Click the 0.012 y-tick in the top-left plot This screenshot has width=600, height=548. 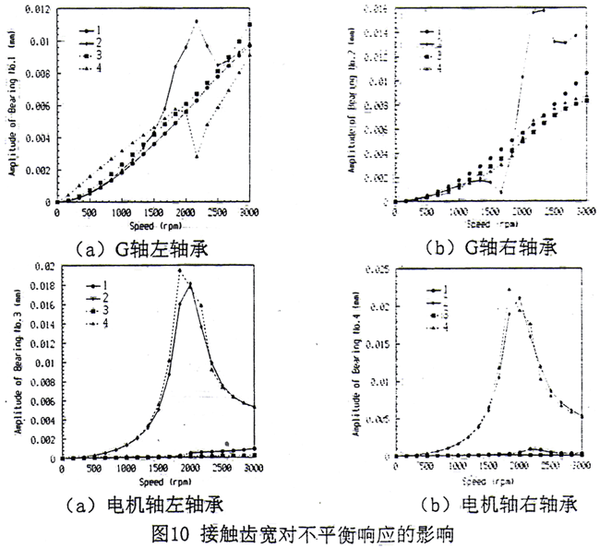click(x=37, y=9)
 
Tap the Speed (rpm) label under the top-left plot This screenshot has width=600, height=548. click(x=153, y=224)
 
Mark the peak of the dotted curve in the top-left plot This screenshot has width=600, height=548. click(x=196, y=20)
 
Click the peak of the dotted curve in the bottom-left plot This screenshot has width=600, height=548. click(x=180, y=269)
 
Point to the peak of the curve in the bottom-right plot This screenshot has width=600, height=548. click(x=510, y=289)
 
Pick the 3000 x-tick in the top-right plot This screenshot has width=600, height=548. click(x=584, y=212)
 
